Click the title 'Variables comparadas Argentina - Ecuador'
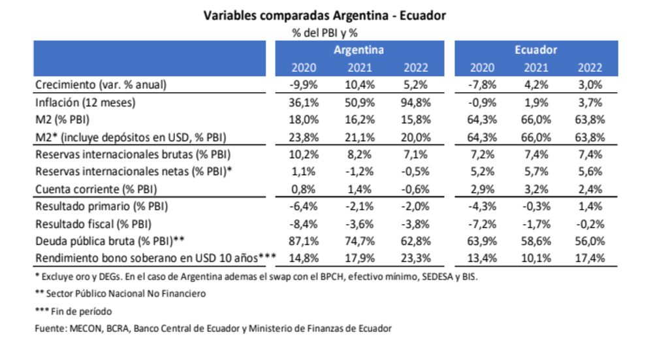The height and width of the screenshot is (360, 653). [325, 15]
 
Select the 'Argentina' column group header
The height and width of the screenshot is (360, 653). [358, 50]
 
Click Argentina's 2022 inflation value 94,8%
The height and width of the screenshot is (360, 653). [415, 103]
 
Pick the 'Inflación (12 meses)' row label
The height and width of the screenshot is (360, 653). [89, 103]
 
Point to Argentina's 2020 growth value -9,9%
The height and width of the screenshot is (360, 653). [302, 85]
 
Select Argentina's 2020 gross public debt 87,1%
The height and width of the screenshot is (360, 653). [302, 240]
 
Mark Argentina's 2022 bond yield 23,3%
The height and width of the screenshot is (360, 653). [415, 258]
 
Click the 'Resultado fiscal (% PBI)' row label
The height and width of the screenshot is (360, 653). [92, 223]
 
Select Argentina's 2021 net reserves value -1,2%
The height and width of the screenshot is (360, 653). [358, 172]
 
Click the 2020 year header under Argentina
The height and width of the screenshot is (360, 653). [302, 67]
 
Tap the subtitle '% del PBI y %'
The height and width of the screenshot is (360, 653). [324, 31]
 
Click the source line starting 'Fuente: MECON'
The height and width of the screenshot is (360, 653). [213, 329]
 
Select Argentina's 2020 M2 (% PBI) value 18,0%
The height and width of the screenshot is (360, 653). [302, 120]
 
